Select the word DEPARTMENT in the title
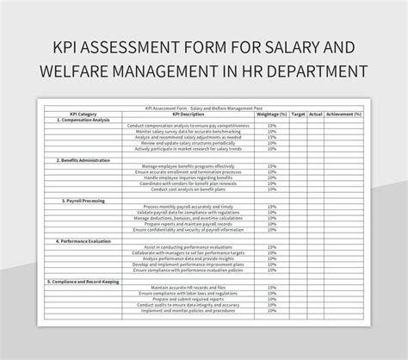point(312,71)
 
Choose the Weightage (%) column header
point(272,113)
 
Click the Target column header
point(299,113)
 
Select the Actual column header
point(316,113)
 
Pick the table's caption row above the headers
point(204,108)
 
